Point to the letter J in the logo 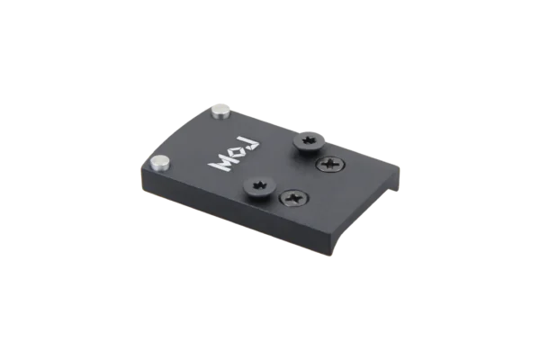coord(251,145)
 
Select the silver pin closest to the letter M coord(161,163)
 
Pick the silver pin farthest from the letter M coord(220,112)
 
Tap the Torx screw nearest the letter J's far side coord(309,140)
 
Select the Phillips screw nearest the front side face coord(294,197)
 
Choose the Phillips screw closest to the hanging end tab coord(331,163)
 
